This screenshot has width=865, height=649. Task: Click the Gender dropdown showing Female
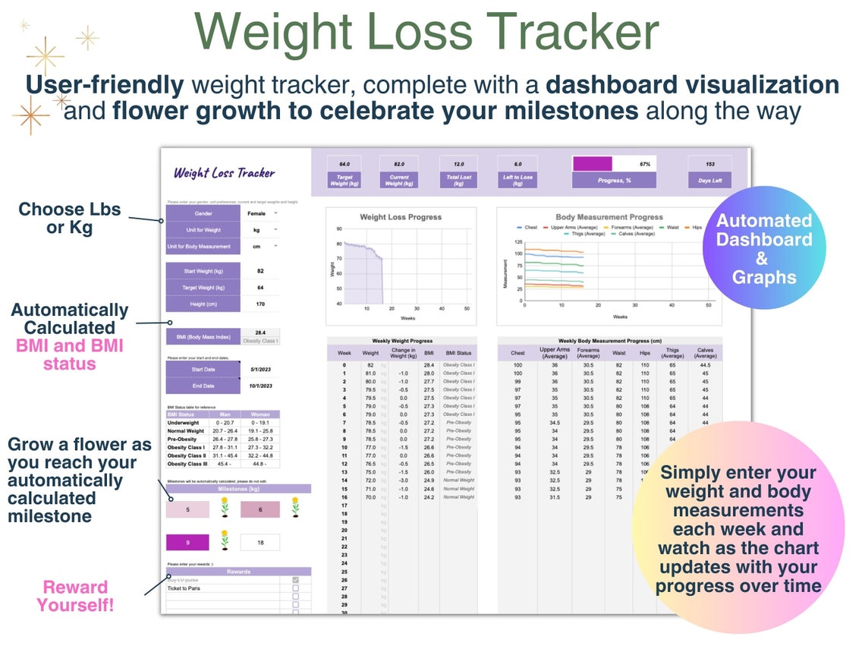point(259,213)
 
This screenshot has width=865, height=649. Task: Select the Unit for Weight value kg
point(259,229)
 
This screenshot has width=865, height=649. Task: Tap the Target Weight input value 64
point(259,288)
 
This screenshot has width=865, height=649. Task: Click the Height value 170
point(259,304)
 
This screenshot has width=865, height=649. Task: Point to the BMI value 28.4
point(260,332)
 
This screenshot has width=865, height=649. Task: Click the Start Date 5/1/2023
point(259,369)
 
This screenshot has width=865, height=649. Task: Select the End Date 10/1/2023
point(259,385)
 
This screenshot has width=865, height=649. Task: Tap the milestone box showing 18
point(260,542)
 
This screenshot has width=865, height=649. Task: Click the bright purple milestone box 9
point(187,542)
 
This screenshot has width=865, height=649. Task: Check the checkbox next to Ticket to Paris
point(294,588)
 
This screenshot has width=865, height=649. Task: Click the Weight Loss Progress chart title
point(401,217)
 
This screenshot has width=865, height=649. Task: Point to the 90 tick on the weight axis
point(338,228)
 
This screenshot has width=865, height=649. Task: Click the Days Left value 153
point(709,164)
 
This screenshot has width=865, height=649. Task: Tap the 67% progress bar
point(614,164)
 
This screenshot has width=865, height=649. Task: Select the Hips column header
point(646,353)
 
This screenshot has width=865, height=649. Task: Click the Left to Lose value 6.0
point(517,164)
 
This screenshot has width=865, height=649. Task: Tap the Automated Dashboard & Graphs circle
point(763,249)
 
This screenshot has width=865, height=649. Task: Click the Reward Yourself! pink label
point(75,596)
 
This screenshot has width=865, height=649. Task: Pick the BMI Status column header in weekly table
point(458,353)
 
